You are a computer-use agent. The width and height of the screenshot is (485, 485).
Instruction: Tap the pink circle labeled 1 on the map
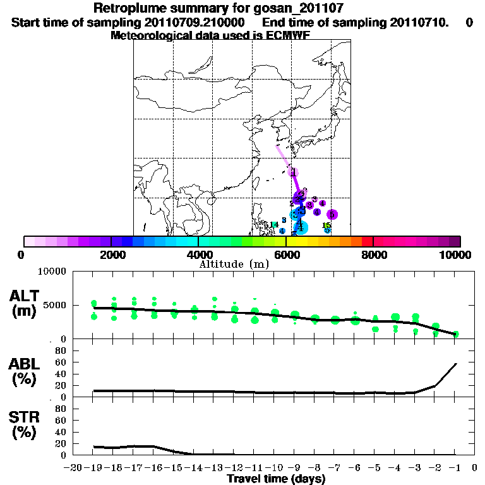pos(293,172)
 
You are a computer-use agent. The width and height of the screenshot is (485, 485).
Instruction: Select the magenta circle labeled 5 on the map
pos(332,215)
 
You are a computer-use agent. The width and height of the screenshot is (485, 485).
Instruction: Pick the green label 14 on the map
pos(274,225)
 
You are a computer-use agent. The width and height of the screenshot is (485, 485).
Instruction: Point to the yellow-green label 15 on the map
pos(326,225)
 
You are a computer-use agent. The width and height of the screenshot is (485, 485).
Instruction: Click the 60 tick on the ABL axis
pos(62,362)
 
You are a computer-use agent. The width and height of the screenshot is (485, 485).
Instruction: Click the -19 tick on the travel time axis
pos(93,467)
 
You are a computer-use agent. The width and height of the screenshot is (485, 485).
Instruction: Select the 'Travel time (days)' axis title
pos(276,479)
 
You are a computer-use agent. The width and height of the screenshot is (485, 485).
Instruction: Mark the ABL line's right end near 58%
pos(455,364)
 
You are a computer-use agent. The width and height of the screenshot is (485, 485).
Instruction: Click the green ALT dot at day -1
pos(455,333)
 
